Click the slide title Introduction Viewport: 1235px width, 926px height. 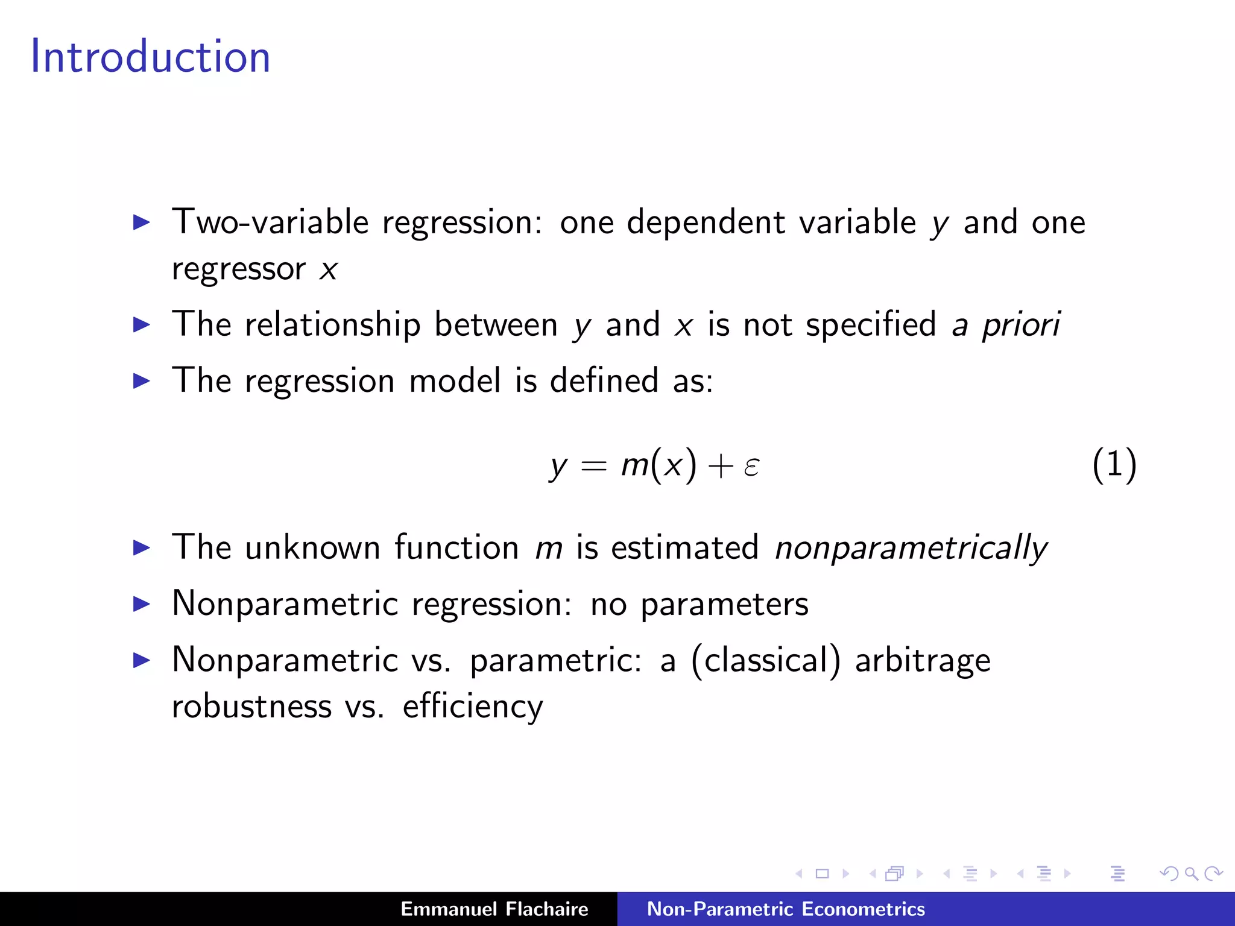150,56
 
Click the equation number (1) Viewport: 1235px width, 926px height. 1114,465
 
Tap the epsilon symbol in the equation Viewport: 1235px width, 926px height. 751,466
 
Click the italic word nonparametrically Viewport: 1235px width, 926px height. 911,548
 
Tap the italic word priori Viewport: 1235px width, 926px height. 1021,325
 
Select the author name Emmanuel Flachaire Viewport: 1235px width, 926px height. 494,909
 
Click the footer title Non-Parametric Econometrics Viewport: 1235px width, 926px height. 786,909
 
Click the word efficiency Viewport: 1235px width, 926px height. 473,707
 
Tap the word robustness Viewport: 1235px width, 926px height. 251,707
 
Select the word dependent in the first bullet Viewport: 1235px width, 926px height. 706,222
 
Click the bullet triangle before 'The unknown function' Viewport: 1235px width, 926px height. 142,547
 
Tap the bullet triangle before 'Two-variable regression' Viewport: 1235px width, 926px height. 142,222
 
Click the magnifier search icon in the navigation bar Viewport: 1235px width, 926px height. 1191,874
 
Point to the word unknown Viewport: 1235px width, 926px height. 312,548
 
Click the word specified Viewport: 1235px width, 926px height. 871,325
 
